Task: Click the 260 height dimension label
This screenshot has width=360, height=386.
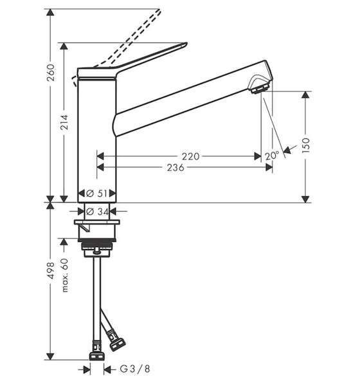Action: [51, 72]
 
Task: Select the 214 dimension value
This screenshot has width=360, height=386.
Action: [64, 122]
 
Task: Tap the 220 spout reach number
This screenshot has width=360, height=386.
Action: [190, 156]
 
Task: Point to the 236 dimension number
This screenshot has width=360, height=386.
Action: [175, 167]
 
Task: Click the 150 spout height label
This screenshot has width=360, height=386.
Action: [305, 145]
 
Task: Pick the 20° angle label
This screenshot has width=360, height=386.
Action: [272, 156]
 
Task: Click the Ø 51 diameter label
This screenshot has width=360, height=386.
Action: [97, 193]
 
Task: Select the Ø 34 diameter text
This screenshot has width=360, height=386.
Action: [98, 211]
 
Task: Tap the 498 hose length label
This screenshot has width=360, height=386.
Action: [51, 271]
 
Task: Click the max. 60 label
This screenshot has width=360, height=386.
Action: [64, 275]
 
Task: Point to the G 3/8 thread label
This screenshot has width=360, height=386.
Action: [135, 369]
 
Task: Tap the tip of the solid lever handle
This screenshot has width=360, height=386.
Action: [186, 44]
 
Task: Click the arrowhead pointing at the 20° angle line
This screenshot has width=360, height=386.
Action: [287, 150]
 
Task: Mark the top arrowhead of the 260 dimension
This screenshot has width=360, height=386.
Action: [50, 13]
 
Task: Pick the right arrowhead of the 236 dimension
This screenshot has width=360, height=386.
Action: [269, 167]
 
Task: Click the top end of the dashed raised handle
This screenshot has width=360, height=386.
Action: [159, 10]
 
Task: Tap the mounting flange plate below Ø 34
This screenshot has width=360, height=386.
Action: [97, 223]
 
